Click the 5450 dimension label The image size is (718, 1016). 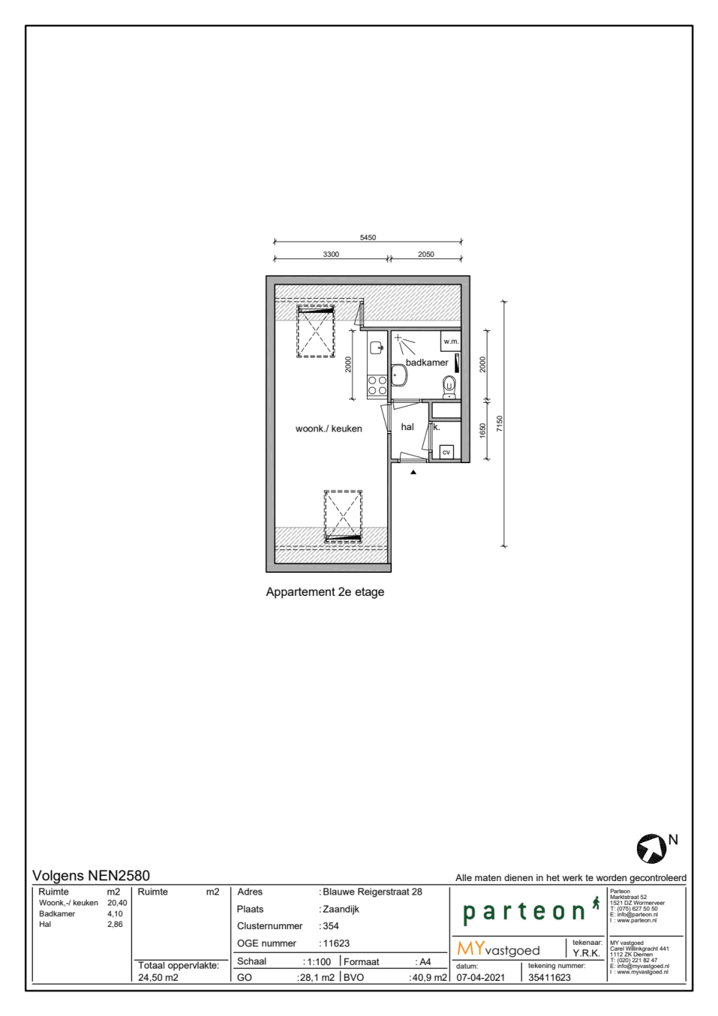coord(368,238)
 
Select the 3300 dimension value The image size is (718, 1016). coord(331,254)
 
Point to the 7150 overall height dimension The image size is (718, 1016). coord(500,424)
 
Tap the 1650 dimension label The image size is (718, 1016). coord(482,429)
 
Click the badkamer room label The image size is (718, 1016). coord(426,363)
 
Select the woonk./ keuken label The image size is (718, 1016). coord(329,429)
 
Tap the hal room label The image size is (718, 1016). coord(407,427)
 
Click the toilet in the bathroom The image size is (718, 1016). coord(449,386)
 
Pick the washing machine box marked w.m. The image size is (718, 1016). coord(451,341)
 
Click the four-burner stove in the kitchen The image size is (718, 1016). coord(377,386)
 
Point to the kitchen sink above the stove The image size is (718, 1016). coord(376,348)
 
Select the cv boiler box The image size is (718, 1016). coord(446,452)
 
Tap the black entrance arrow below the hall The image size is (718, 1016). coord(414,472)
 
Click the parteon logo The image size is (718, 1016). coord(525,912)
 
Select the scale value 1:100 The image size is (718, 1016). coord(319,961)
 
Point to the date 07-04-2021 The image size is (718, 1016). coord(480,977)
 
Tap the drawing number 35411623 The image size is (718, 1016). coord(549,977)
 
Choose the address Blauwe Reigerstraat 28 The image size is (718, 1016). coord(372,892)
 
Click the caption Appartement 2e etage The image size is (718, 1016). coord(325,592)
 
